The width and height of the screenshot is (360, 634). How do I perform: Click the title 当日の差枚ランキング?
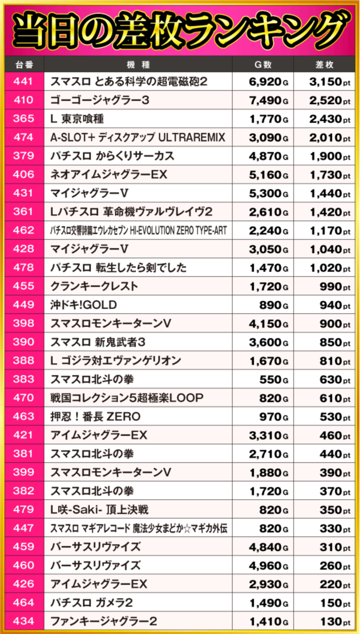tap(180, 28)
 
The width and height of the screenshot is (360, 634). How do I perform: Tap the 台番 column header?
tap(22, 65)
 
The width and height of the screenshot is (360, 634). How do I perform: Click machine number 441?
tap(22, 81)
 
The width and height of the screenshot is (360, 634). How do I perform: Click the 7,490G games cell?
tap(268, 101)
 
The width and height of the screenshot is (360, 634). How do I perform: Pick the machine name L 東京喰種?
tap(77, 119)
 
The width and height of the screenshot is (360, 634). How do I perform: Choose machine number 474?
tap(22, 138)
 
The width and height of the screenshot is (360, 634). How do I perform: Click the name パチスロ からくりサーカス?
tap(112, 156)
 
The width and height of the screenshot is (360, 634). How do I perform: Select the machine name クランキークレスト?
tap(94, 286)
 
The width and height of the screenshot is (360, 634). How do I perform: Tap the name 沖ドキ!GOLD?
tap(83, 305)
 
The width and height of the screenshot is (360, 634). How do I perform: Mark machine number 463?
tap(22, 416)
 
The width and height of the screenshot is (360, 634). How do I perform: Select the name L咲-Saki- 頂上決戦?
tap(99, 510)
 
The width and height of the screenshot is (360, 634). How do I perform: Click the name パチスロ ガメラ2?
tap(92, 603)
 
